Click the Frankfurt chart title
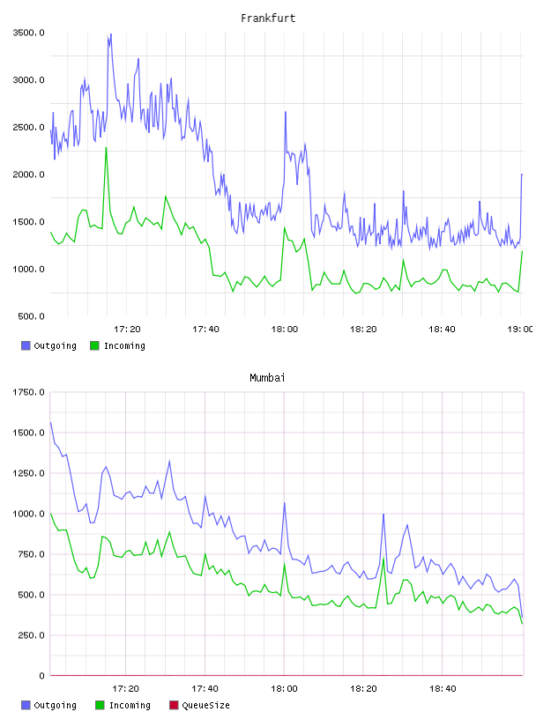(x=268, y=19)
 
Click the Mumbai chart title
(x=267, y=378)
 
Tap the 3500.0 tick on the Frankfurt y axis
(x=28, y=33)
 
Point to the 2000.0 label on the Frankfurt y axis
(x=28, y=174)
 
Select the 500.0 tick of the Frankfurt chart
(x=31, y=316)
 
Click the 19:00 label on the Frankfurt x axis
(x=520, y=329)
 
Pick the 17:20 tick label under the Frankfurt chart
(x=127, y=329)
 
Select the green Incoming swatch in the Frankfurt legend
(x=94, y=345)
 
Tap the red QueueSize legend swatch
(x=174, y=705)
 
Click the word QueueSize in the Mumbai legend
(x=206, y=705)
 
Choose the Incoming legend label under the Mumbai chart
(x=130, y=705)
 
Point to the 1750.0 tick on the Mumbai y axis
(x=28, y=392)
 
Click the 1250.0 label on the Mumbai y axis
(x=28, y=473)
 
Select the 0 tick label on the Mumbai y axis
(x=41, y=676)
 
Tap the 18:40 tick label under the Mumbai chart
(x=443, y=688)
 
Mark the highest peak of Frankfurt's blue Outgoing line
(x=110, y=34)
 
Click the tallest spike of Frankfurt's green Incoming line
(x=107, y=148)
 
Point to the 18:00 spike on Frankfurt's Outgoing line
(x=285, y=112)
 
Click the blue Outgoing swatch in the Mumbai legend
(x=26, y=705)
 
